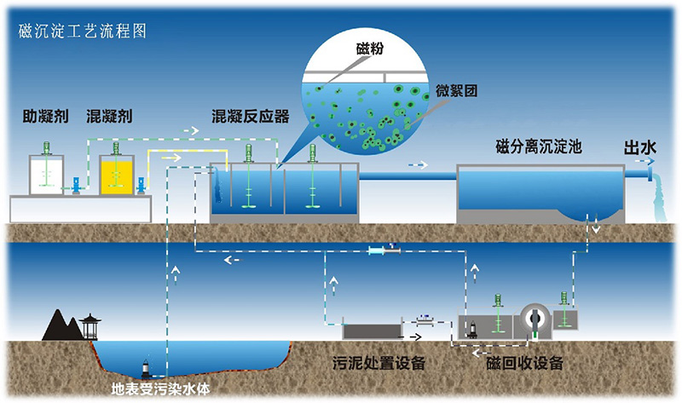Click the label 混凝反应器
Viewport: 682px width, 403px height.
coord(250,116)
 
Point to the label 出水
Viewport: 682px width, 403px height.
coord(640,147)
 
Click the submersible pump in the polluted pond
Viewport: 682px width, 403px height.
coord(147,368)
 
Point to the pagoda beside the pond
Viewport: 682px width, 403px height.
coord(90,326)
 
